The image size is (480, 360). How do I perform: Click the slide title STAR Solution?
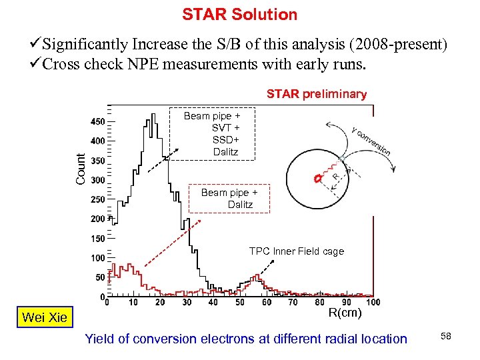[x=240, y=14]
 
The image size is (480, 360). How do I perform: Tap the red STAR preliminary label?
[x=317, y=94]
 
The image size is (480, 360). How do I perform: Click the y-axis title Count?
[x=80, y=169]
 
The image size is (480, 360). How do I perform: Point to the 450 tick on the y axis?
[x=97, y=121]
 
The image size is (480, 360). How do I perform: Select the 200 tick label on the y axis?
[x=97, y=219]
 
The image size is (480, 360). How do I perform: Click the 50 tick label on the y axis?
[x=99, y=277]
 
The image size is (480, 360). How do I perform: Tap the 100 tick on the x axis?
[x=373, y=302]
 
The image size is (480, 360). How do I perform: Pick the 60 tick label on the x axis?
[x=266, y=302]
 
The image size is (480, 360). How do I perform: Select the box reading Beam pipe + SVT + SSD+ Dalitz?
[x=212, y=134]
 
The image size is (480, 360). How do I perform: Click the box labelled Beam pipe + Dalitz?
[x=230, y=199]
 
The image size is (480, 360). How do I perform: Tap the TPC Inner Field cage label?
[x=297, y=251]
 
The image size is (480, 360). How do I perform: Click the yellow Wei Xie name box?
[x=44, y=317]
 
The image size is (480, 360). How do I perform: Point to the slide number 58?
[x=445, y=337]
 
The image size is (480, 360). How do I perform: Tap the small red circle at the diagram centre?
[x=318, y=179]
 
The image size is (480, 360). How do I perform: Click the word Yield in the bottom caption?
[x=99, y=339]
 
